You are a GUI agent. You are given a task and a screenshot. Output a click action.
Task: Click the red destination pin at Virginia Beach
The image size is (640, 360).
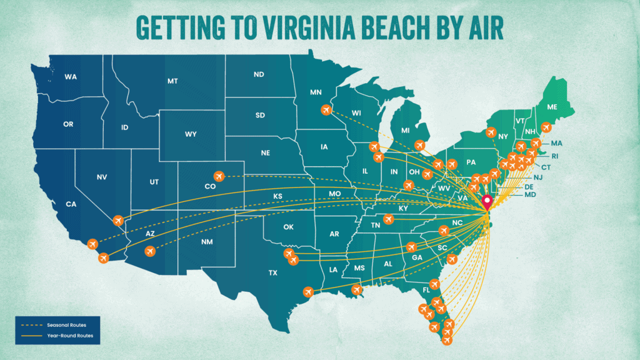pyautogui.click(x=487, y=202)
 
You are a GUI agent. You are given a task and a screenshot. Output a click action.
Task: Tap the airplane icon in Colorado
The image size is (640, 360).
pyautogui.click(x=219, y=176)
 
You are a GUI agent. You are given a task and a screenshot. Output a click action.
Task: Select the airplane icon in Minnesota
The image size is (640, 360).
pyautogui.click(x=326, y=110)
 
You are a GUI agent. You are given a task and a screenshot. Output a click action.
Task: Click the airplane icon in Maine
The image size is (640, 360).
pyautogui.click(x=546, y=127)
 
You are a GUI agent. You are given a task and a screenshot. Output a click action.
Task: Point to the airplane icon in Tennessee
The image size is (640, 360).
pyautogui.click(x=389, y=219)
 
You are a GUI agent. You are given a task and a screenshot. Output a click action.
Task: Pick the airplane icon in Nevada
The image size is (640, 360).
pyautogui.click(x=119, y=221)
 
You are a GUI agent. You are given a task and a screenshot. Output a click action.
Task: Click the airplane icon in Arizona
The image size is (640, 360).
pyautogui.click(x=149, y=251)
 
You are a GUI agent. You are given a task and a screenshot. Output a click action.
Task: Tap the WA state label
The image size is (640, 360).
pyautogui.click(x=71, y=77)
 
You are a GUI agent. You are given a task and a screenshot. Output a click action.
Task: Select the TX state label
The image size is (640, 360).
pyautogui.click(x=272, y=273)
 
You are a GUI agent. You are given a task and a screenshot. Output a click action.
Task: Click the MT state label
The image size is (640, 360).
pyautogui.click(x=172, y=81)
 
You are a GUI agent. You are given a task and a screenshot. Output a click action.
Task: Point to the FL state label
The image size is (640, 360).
pyautogui.click(x=426, y=290)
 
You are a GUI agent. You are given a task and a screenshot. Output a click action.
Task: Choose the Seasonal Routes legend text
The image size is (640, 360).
pyautogui.click(x=62, y=325)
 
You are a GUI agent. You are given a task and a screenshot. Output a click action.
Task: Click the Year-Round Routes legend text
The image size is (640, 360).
pyautogui.click(x=69, y=336)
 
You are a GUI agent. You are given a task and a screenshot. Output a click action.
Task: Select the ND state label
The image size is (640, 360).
pyautogui.click(x=258, y=75)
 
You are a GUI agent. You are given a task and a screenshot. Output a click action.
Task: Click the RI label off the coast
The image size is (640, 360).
pyautogui.click(x=554, y=156)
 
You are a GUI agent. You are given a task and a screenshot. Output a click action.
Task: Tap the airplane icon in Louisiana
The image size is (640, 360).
pyautogui.click(x=357, y=290)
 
